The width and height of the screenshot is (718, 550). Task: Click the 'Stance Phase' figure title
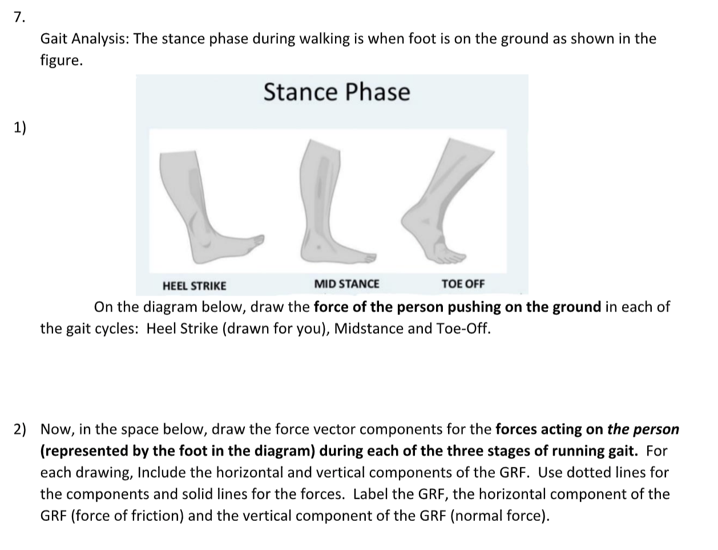[337, 92]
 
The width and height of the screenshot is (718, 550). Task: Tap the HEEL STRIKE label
[194, 285]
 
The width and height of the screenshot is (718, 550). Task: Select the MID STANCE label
[346, 284]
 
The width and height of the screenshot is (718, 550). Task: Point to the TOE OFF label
[463, 284]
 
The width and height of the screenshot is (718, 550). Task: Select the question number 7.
[19, 17]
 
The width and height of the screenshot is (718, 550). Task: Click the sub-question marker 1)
[20, 127]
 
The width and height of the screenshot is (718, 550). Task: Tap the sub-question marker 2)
[21, 429]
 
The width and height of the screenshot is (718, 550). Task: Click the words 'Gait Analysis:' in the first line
[84, 39]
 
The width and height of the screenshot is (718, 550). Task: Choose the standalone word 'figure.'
[61, 60]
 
